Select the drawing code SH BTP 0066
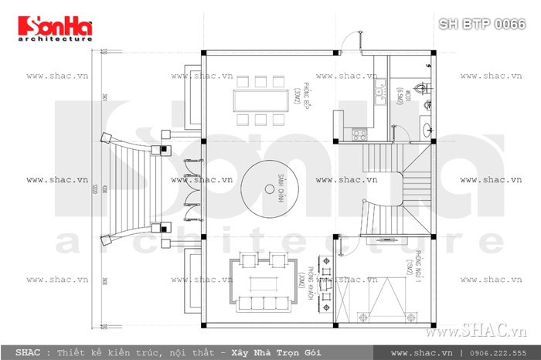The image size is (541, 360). coord(482,25)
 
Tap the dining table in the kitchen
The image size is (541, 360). coord(260,99)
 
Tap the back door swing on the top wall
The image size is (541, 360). coord(355,40)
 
